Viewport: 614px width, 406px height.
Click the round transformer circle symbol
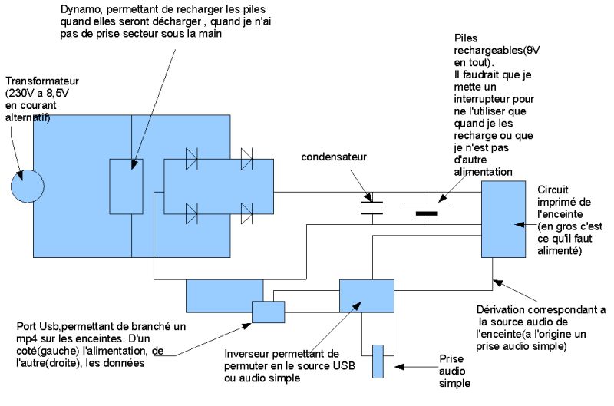[28, 186]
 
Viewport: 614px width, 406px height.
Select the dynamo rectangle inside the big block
[126, 186]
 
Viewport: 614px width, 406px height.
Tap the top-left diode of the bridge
[191, 159]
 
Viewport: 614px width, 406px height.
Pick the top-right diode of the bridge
[246, 159]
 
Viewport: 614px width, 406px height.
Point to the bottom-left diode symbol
[191, 213]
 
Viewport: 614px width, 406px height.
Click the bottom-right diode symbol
[246, 213]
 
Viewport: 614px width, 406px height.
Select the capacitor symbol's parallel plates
[372, 208]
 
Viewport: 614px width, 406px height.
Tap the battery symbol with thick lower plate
[427, 208]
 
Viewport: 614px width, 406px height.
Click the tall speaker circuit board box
[503, 220]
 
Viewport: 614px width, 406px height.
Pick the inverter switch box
[367, 296]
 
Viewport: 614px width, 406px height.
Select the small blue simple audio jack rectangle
[378, 361]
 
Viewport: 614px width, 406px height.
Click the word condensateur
[334, 157]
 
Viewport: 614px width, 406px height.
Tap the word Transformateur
[42, 81]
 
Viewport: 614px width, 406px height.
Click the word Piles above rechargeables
[466, 38]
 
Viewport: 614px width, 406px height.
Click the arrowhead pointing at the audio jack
[398, 367]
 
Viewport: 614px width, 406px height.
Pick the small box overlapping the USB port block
[268, 312]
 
